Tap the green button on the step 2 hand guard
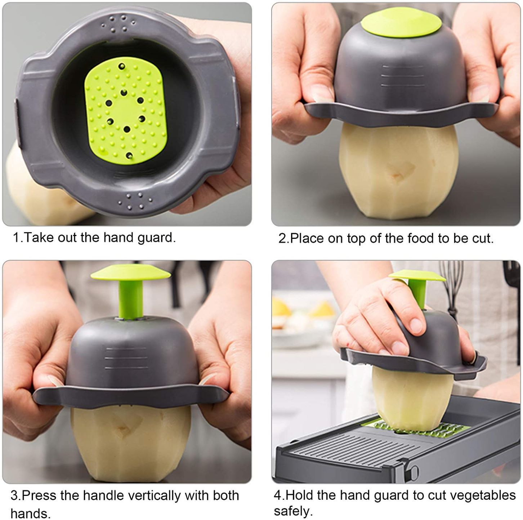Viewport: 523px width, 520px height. [401, 25]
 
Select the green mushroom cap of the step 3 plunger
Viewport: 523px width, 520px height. [130, 273]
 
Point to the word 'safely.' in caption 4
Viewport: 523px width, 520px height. [294, 511]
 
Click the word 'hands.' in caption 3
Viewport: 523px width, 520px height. [30, 513]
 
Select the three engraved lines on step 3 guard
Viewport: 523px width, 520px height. [126, 358]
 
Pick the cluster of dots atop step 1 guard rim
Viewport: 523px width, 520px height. [118, 24]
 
